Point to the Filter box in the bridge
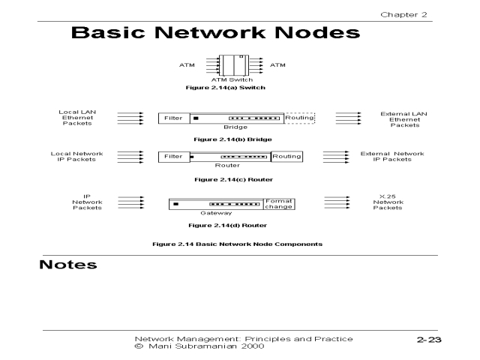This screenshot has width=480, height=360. click(x=173, y=118)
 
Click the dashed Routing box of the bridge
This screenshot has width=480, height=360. click(x=299, y=118)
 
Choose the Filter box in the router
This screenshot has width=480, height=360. click(x=173, y=157)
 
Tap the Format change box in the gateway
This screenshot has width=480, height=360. click(x=280, y=202)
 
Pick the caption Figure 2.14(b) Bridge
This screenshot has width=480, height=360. click(x=232, y=139)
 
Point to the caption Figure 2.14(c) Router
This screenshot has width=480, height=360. click(x=232, y=180)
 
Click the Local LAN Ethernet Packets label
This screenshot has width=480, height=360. click(x=77, y=118)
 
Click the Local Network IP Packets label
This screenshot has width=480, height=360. click(x=76, y=157)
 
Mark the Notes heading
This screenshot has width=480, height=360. click(x=68, y=265)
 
